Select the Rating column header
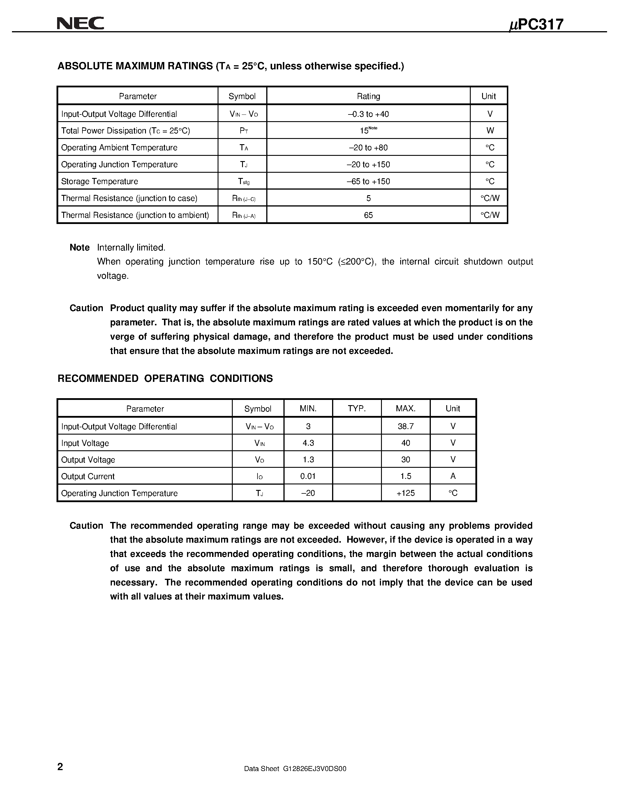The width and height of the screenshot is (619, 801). tap(368, 96)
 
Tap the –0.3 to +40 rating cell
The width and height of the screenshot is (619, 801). tap(368, 114)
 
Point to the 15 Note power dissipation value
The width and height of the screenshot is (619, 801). tap(368, 130)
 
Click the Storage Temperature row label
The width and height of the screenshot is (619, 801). tap(99, 181)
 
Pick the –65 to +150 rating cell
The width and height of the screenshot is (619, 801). tap(368, 181)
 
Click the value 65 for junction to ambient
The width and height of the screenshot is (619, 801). tap(368, 215)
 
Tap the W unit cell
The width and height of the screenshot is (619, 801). tap(490, 130)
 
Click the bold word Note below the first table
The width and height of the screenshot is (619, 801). tap(80, 248)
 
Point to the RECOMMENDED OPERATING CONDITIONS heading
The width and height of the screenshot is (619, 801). tap(165, 378)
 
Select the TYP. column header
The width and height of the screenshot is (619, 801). tap(357, 408)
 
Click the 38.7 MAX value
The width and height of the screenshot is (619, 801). tap(405, 426)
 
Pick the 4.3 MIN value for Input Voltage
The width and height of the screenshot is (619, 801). tap(308, 443)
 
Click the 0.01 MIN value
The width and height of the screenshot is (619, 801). tap(308, 476)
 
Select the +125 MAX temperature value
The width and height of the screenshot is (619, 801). tap(405, 493)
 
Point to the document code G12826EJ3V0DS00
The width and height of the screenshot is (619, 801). tap(314, 769)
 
